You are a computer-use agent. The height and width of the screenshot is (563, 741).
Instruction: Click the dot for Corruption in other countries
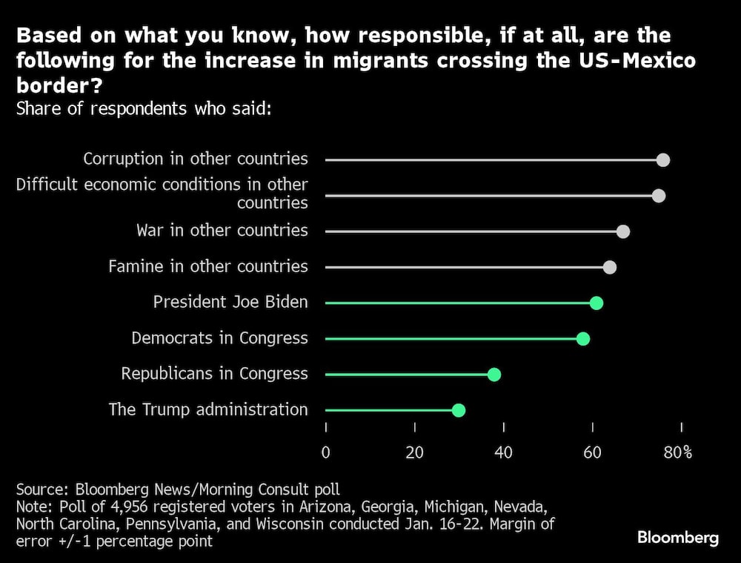click(x=663, y=160)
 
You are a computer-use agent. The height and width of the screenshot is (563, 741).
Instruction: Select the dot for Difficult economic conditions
click(x=659, y=196)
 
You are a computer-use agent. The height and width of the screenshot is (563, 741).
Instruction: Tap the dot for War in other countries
click(x=623, y=231)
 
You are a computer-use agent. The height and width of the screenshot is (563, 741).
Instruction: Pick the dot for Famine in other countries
click(x=610, y=267)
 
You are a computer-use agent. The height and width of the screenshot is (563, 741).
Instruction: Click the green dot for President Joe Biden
click(x=597, y=303)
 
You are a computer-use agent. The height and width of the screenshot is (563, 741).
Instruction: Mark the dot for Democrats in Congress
click(x=583, y=338)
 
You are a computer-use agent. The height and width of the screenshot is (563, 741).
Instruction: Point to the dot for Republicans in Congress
click(x=494, y=374)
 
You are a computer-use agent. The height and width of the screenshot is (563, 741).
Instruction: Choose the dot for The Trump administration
click(x=459, y=409)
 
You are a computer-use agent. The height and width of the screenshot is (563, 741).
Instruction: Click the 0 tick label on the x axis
click(x=326, y=452)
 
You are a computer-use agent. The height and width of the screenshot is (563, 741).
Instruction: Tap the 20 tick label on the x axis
click(x=415, y=452)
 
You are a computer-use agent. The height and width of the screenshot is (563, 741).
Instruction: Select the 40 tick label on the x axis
click(x=504, y=452)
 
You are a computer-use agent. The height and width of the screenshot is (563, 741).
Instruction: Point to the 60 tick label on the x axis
click(x=593, y=452)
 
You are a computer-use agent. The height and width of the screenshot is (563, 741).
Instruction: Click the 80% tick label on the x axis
click(x=677, y=452)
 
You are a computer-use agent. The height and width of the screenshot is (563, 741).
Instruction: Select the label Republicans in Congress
click(x=214, y=373)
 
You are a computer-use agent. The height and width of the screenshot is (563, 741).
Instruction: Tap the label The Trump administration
click(x=207, y=409)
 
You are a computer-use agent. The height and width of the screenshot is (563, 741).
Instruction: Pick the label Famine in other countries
click(x=207, y=266)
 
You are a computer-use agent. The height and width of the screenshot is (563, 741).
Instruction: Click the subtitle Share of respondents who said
click(x=144, y=108)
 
